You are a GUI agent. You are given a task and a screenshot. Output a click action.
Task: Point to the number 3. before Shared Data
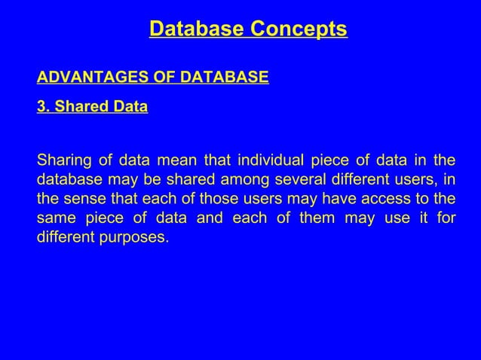coord(43,107)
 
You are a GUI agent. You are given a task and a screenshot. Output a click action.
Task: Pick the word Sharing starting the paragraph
coord(60,160)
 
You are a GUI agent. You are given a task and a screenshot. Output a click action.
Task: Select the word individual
coord(270,160)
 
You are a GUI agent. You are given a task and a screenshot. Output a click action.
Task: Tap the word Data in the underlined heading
coord(129,107)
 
